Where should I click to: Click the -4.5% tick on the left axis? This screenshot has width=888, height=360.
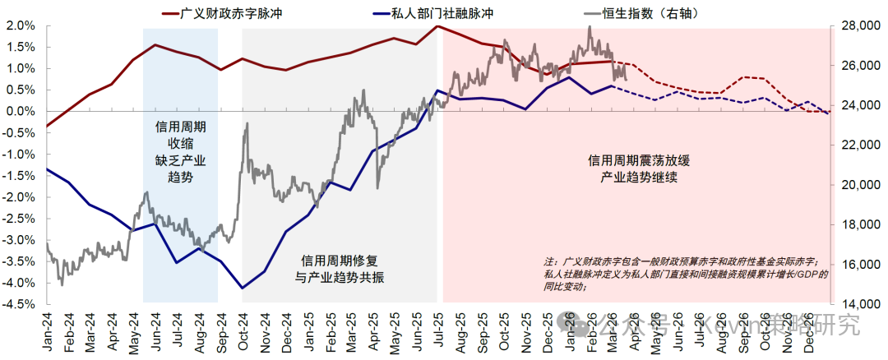click(18, 304)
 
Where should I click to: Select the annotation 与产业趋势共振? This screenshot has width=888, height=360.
click(340, 277)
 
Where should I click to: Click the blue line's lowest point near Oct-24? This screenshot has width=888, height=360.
click(243, 288)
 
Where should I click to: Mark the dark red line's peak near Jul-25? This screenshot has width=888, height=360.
click(437, 25)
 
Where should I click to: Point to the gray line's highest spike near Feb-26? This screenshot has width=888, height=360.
click(590, 27)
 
